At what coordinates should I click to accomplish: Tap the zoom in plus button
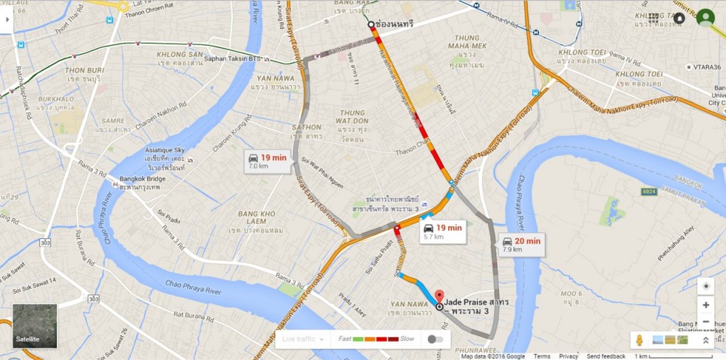[x=705, y=305]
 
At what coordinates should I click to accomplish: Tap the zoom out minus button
[x=705, y=322]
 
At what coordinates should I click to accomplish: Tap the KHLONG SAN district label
[x=181, y=54]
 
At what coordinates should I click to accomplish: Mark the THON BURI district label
[x=84, y=70]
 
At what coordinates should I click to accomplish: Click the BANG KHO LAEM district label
[x=257, y=213]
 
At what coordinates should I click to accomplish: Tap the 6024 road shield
[x=649, y=191]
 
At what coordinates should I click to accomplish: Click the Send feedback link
[x=605, y=356]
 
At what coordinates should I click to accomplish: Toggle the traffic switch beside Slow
[x=436, y=339]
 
